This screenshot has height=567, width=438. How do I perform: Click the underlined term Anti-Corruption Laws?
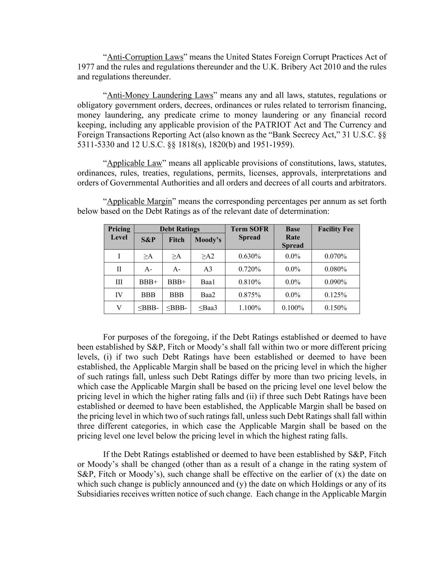tap(145, 57)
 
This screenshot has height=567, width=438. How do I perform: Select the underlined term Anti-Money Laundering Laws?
tap(160, 96)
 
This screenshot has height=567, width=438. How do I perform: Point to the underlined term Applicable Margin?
tap(139, 201)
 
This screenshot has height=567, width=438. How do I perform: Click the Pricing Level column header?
tap(119, 233)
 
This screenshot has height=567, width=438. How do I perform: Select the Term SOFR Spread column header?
tap(250, 233)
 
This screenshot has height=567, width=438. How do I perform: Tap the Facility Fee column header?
tap(335, 229)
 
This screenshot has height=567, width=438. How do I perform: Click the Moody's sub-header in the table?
tap(208, 240)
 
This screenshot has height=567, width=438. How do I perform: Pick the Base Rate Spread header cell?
tap(293, 237)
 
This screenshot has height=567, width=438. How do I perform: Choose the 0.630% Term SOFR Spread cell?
tap(250, 256)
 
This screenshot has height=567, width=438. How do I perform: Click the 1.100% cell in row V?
tap(250, 308)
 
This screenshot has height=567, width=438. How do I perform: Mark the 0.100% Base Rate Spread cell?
tap(293, 308)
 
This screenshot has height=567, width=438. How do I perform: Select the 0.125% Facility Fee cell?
tap(335, 295)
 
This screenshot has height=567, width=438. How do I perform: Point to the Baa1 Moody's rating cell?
tap(208, 282)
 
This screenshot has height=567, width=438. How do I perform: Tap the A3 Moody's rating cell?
tap(208, 269)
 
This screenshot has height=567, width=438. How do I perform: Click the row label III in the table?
tap(119, 282)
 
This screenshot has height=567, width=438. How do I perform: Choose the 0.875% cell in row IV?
tap(250, 295)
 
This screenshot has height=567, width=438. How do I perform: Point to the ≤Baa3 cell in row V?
tap(208, 308)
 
